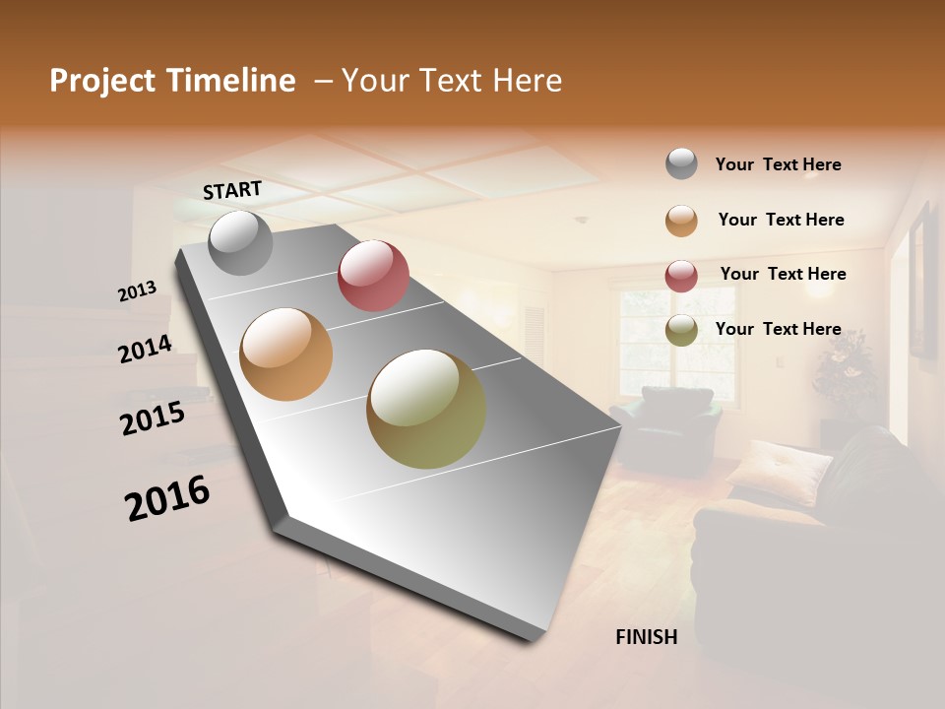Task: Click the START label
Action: point(232,190)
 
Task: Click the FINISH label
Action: point(647,637)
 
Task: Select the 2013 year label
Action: point(138,290)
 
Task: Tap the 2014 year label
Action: point(146,349)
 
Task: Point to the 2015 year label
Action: point(153,418)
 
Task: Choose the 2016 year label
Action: point(167,498)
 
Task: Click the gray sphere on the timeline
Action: point(240,242)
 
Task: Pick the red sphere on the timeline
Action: point(373,276)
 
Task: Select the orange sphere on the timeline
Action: point(286,354)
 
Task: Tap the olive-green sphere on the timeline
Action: point(426,409)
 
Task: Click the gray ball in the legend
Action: point(681,164)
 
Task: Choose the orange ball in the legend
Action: point(681,221)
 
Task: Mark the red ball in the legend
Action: point(681,275)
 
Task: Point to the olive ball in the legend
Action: point(681,330)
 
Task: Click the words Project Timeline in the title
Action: point(172,81)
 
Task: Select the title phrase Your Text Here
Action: point(452,81)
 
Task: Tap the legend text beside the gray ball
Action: point(778,164)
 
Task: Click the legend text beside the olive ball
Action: point(778,329)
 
